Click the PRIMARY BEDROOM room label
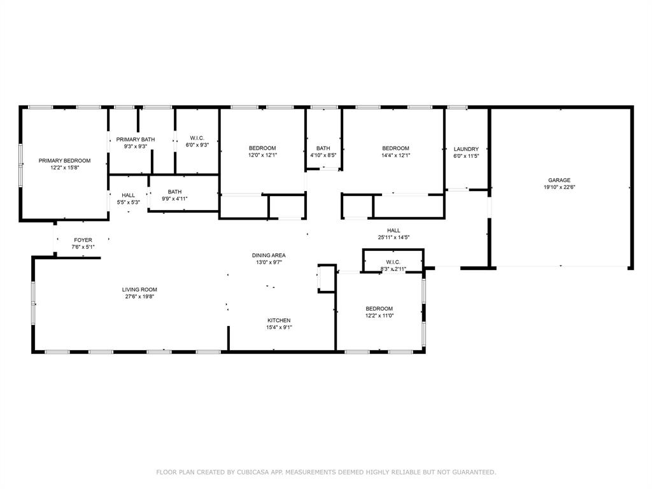(x=64, y=160)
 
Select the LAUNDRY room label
(x=466, y=149)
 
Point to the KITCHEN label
(x=279, y=320)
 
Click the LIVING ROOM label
(x=139, y=290)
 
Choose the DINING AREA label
(x=268, y=255)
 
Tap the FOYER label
(x=83, y=240)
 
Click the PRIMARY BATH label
(x=135, y=139)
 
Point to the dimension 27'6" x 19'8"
(x=139, y=297)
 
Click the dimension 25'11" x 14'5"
(x=393, y=237)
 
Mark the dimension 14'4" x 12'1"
(x=395, y=155)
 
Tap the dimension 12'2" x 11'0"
(x=379, y=316)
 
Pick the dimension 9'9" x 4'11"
(x=174, y=199)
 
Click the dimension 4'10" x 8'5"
(x=323, y=155)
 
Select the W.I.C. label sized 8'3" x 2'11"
(x=393, y=262)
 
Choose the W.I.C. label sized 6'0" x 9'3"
(x=197, y=138)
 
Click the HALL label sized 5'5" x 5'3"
(x=129, y=195)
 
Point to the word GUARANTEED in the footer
(x=473, y=472)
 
